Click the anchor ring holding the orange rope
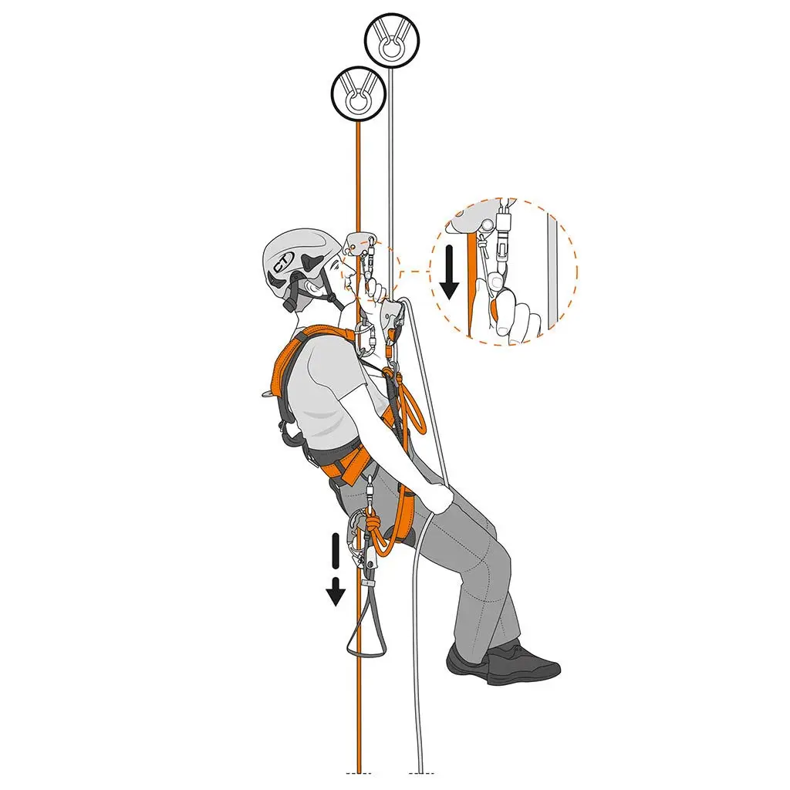358,93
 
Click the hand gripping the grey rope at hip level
438,498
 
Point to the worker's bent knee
494,555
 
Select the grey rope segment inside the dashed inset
552,270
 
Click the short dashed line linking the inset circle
414,272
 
